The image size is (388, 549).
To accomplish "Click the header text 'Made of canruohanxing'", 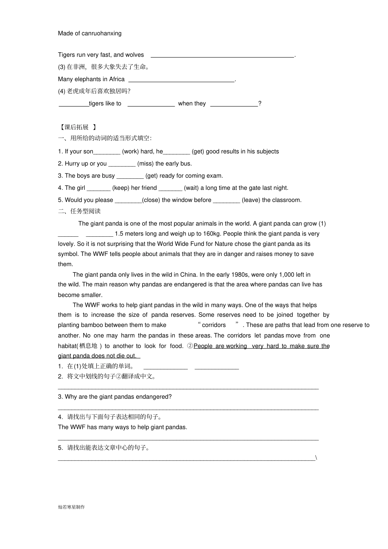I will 89,33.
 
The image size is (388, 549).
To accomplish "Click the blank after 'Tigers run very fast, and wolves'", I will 222,55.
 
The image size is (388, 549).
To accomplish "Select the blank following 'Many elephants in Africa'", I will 181,80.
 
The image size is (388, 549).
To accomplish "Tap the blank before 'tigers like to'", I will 74,104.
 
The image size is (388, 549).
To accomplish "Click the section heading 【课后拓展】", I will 77,127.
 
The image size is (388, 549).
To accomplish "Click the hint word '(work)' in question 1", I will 130,151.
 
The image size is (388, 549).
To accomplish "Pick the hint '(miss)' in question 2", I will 145,164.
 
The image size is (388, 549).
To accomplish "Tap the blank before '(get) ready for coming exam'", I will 130,176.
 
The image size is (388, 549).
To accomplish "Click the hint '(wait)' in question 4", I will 191,188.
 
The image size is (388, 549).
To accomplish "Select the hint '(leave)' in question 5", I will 251,200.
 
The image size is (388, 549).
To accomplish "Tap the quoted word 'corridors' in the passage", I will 214,325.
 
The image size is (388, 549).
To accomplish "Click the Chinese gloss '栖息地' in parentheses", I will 88,346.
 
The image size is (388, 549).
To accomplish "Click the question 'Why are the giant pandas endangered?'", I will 115,397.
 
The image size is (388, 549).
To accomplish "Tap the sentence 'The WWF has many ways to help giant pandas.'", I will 123,427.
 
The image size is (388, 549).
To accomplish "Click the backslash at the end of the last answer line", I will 316,458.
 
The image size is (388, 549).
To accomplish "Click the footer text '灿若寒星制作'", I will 71,507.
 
